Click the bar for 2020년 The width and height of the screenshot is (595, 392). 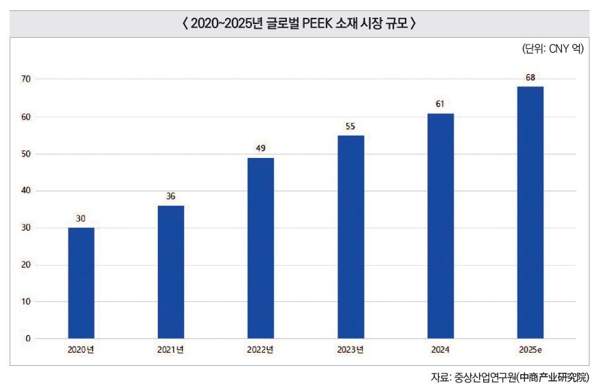click(81, 283)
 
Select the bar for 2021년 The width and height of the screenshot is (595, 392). click(171, 272)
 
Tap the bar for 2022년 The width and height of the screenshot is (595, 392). click(261, 248)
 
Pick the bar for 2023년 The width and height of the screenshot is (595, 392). click(351, 237)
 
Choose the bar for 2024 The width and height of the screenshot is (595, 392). click(441, 226)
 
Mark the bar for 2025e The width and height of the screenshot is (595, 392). click(530, 213)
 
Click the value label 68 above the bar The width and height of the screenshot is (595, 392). click(530, 78)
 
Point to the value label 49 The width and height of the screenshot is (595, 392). click(261, 148)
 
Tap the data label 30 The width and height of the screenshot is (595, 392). click(81, 219)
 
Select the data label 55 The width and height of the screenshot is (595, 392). click(351, 127)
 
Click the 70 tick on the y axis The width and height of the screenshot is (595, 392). click(25, 80)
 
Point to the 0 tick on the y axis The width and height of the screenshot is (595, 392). click(28, 338)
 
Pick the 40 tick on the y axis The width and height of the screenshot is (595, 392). click(25, 191)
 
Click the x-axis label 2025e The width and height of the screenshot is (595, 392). click(530, 350)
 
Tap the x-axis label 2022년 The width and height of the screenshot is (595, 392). click(261, 350)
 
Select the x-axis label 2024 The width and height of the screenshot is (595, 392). click(441, 350)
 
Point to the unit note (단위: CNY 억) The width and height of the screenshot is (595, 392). click(552, 49)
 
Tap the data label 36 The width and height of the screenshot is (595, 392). click(171, 196)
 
